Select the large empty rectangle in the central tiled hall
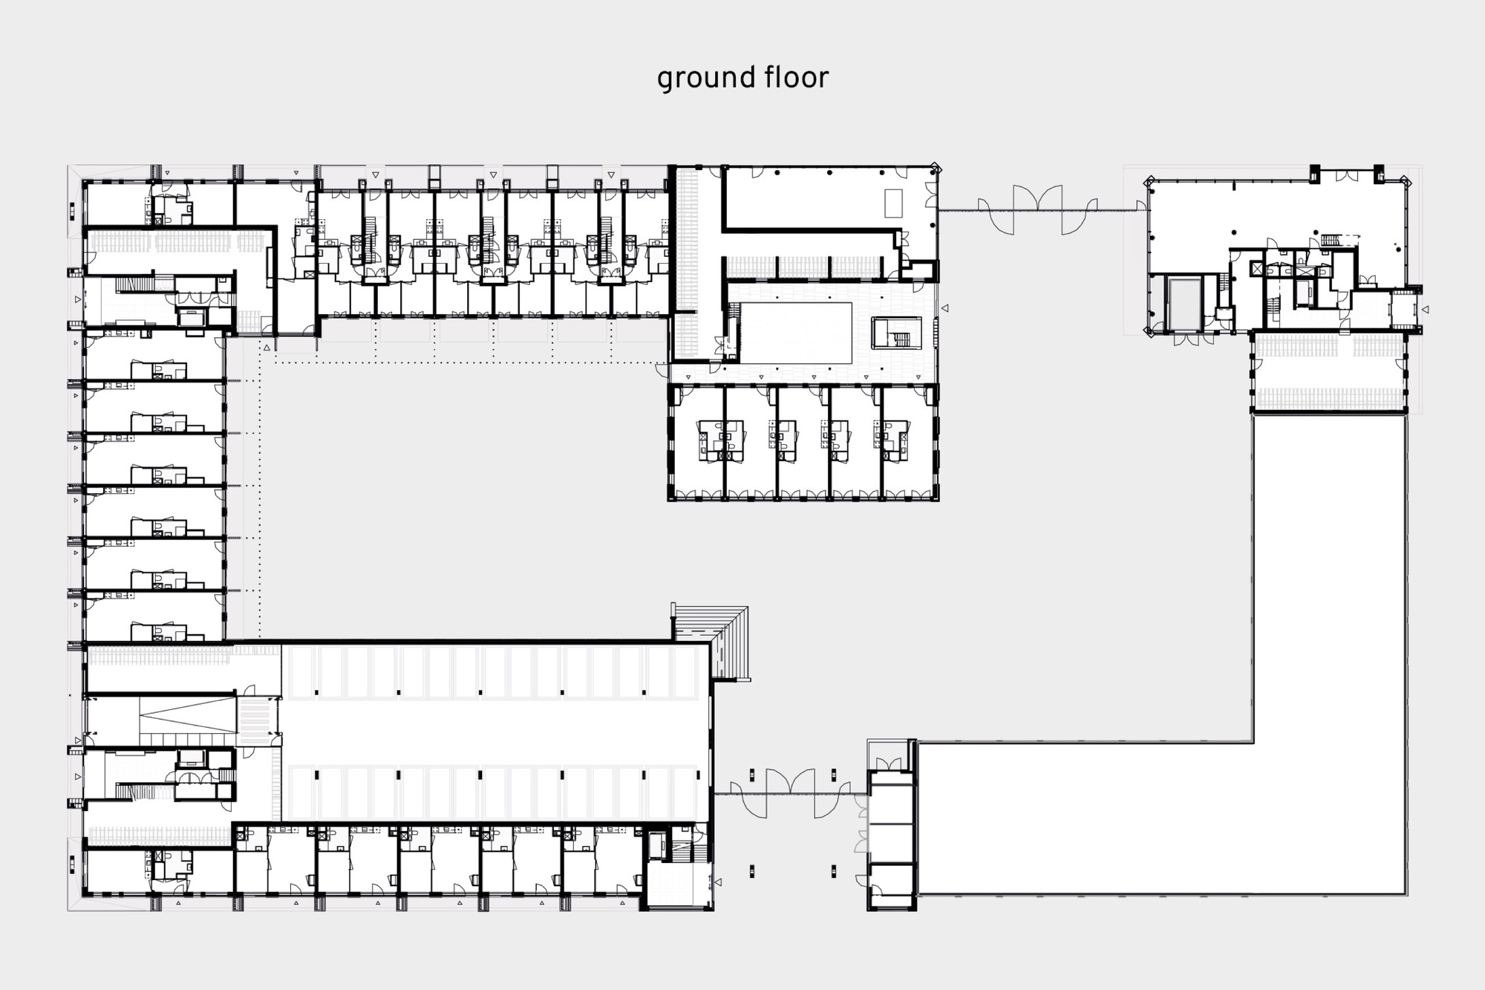pyautogui.click(x=796, y=333)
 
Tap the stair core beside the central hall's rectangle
pyautogui.click(x=897, y=333)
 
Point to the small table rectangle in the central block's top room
pyautogui.click(x=893, y=203)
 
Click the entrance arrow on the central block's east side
pyautogui.click(x=944, y=307)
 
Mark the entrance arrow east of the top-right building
pyautogui.click(x=1425, y=309)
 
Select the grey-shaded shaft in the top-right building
pyautogui.click(x=1184, y=305)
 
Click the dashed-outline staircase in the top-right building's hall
pyautogui.click(x=1339, y=240)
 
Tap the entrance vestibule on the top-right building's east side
pyautogui.click(x=1402, y=309)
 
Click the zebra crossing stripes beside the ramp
pyautogui.click(x=255, y=720)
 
